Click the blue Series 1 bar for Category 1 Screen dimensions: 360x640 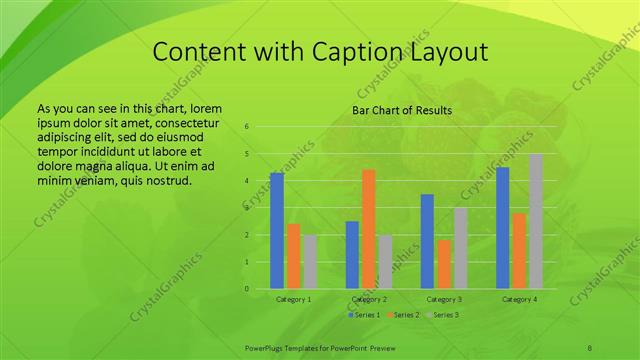(277, 230)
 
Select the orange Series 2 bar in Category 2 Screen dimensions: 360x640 (368, 229)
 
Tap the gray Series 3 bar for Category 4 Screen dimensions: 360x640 (536, 221)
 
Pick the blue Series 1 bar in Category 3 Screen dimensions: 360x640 (427, 241)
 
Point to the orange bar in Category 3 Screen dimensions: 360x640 (443, 264)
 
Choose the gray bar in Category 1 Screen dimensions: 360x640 (310, 262)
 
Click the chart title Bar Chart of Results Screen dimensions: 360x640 (402, 110)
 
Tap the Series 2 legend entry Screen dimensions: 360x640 (402, 315)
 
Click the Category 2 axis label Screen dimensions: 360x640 (369, 299)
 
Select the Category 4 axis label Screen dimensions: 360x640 (519, 299)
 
